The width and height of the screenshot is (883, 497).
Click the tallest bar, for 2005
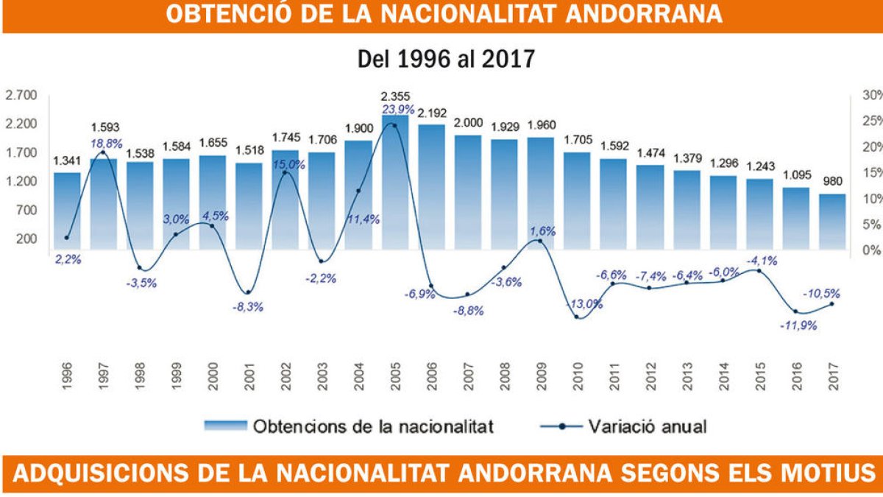tap(395, 184)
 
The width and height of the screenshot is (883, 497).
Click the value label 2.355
tap(395, 96)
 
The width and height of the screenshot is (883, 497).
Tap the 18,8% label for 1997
tap(107, 143)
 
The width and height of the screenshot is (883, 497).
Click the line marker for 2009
tap(540, 242)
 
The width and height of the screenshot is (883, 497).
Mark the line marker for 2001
tap(249, 293)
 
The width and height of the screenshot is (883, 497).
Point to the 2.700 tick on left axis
tap(21, 96)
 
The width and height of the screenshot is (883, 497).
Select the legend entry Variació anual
tap(648, 426)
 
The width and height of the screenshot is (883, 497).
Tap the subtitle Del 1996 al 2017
tap(445, 59)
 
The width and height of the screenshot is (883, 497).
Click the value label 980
tap(832, 181)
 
